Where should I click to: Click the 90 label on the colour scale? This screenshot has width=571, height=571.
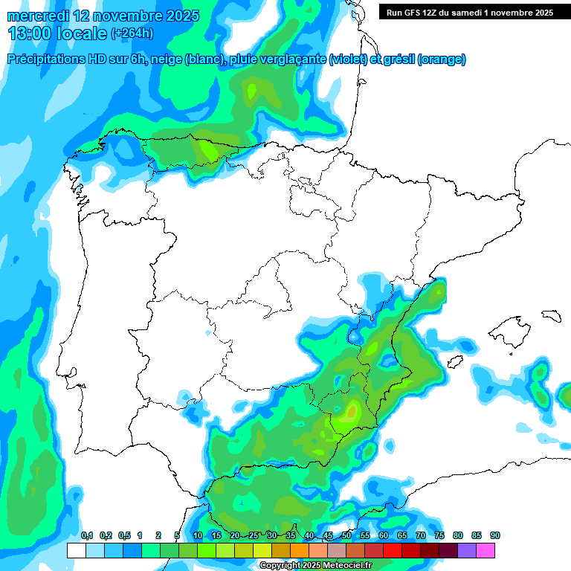[x=495, y=535]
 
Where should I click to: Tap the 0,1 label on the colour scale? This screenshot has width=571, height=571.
[x=86, y=535]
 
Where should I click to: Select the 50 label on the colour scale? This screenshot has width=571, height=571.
[x=346, y=535]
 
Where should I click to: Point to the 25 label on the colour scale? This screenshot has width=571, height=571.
[x=254, y=535]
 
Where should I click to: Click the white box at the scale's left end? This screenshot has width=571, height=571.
[x=76, y=550]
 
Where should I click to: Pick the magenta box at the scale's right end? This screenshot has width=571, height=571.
[x=485, y=550]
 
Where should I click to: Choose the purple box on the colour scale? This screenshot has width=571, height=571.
[x=467, y=550]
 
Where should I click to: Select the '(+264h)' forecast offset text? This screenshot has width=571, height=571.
[x=132, y=33]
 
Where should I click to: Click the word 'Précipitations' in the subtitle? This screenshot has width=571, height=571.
[x=46, y=59]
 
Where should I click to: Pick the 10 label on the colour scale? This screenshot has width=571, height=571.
[x=198, y=535]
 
